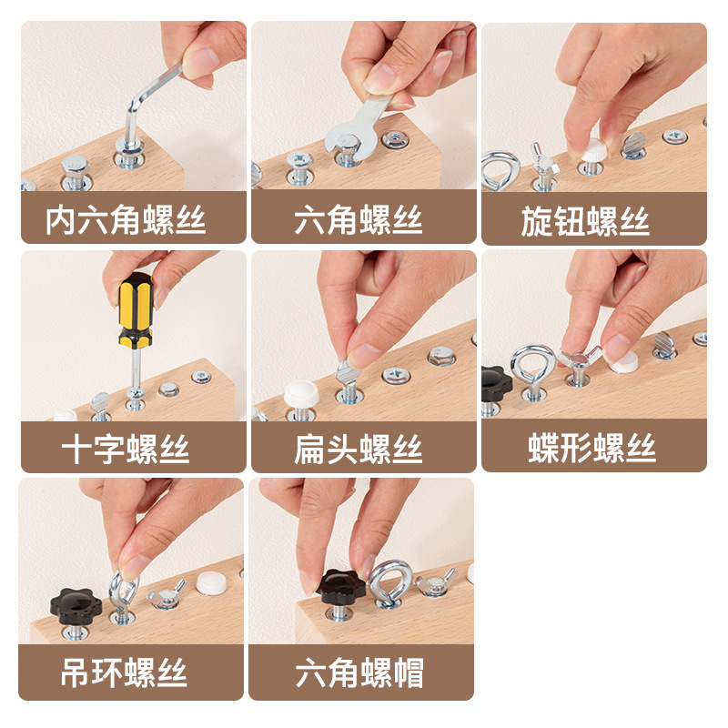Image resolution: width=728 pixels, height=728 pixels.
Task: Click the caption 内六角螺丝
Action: point(126,220)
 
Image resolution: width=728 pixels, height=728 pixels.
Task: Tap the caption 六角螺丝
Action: point(359,220)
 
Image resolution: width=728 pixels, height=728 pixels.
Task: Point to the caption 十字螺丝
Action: point(126,449)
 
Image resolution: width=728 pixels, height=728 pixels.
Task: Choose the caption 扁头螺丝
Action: point(359,449)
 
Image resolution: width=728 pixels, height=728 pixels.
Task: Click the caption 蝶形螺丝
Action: point(592,449)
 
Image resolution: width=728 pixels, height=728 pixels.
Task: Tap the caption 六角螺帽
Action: point(359,674)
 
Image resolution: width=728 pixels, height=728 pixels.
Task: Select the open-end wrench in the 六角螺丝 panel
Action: point(359,127)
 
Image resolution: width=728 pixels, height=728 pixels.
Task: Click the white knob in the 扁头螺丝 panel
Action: point(300,395)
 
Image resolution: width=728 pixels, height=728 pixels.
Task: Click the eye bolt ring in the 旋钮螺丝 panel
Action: point(500,168)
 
